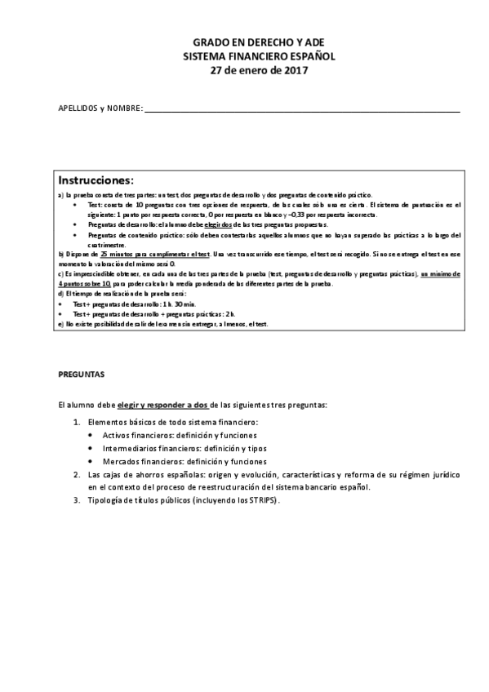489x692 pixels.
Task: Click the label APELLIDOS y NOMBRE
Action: pyautogui.click(x=100, y=109)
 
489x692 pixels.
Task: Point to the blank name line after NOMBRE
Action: pyautogui.click(x=302, y=109)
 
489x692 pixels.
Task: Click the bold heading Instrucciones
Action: pyautogui.click(x=96, y=180)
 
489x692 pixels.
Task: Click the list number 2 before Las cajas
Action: pyautogui.click(x=76, y=474)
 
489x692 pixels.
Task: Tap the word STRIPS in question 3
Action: pyautogui.click(x=263, y=500)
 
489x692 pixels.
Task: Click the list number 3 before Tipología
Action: pyautogui.click(x=76, y=500)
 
